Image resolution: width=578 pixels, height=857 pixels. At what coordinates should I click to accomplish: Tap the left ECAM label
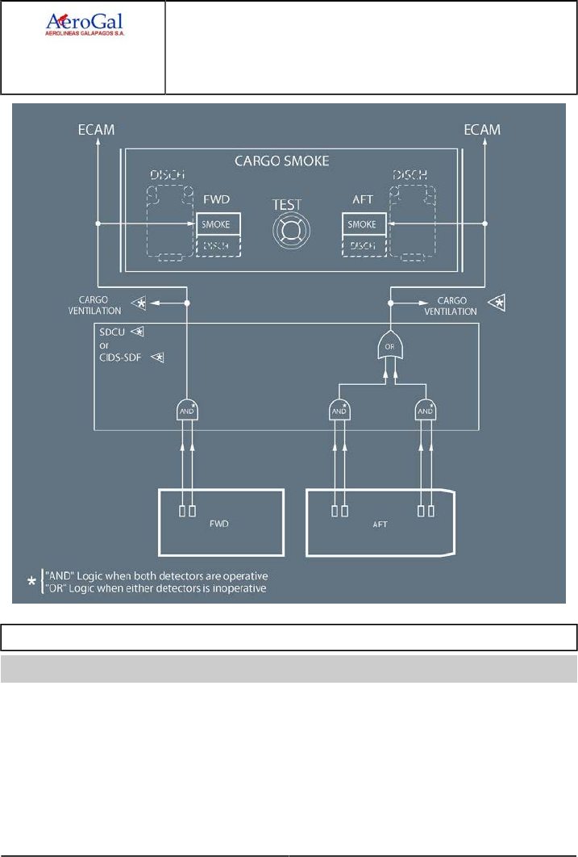[96, 130]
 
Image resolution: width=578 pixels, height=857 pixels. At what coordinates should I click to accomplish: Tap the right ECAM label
[483, 130]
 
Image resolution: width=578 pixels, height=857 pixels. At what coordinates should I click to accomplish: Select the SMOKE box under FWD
[216, 224]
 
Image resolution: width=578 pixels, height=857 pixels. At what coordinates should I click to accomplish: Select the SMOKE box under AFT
[362, 224]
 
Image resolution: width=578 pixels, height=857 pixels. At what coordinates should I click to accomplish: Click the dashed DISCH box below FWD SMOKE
[216, 245]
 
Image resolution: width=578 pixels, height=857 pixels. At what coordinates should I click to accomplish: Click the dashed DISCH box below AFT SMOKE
[362, 245]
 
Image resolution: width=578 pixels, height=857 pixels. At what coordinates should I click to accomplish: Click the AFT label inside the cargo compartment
[380, 523]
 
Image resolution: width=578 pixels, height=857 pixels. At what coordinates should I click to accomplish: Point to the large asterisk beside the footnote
[31, 583]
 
